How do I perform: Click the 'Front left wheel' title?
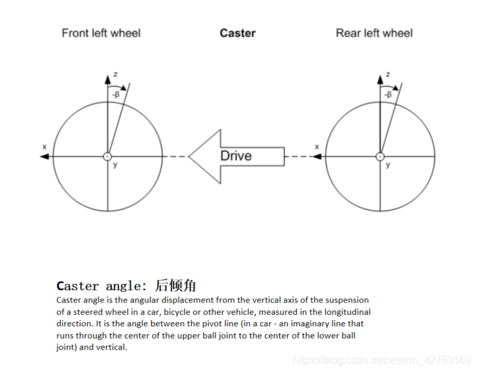coord(101,33)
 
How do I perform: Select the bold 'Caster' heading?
coord(238,33)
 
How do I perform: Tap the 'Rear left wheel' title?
coord(374,33)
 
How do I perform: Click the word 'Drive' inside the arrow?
coord(236,156)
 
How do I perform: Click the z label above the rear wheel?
coord(389,75)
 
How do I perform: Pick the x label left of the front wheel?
coord(44,147)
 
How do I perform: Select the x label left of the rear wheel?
coord(317,147)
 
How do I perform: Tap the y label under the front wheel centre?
coord(115,164)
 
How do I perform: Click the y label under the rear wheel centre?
coord(388,164)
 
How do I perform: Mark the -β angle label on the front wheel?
coord(115,94)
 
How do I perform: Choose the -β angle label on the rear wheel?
coord(388,94)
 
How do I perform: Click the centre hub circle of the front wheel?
coord(107,157)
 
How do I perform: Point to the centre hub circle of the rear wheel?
coord(380,157)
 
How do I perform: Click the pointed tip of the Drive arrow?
coord(190,157)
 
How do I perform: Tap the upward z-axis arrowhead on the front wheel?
coord(107,79)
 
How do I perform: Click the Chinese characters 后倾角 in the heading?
coord(175,286)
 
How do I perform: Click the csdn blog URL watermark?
coord(382,360)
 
